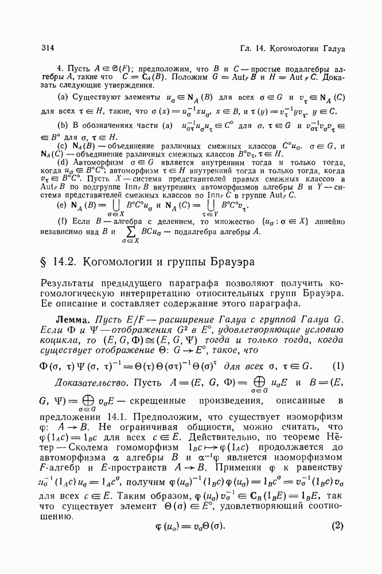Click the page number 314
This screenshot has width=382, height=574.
48,46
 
